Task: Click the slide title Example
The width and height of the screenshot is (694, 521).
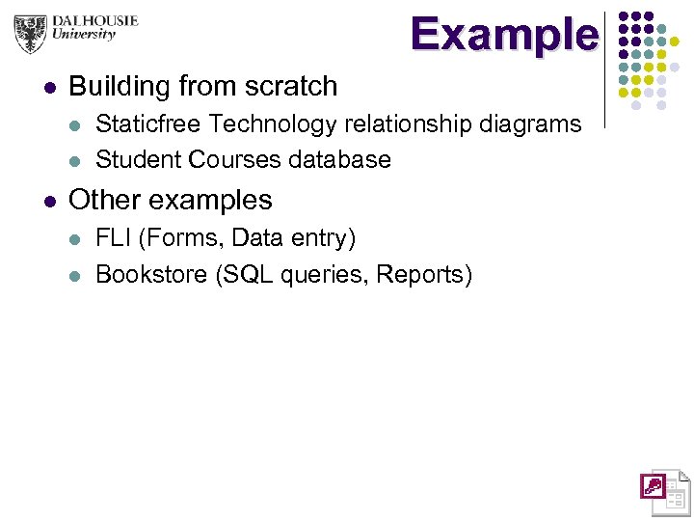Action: [x=503, y=35]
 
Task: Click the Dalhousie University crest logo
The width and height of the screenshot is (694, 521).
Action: [x=31, y=35]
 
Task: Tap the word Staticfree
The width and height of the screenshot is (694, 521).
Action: [x=148, y=124]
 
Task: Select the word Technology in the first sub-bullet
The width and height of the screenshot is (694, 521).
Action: [x=267, y=124]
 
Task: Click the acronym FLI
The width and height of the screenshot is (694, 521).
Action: [x=114, y=237]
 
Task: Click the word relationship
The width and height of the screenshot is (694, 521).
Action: [x=393, y=124]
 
